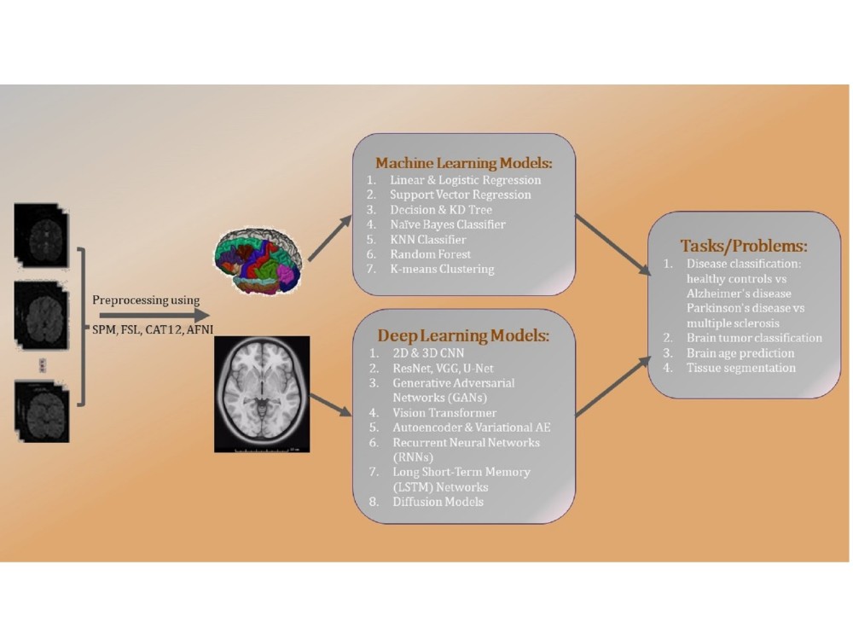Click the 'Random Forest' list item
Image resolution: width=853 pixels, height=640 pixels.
point(430,254)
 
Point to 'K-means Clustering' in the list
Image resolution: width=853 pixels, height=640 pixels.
point(442,270)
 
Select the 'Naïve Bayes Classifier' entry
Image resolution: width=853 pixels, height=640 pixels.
point(448,224)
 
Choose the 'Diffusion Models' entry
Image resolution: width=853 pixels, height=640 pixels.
point(438,501)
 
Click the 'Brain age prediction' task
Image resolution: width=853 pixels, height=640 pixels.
point(740,352)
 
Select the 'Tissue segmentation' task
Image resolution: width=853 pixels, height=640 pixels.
point(740,368)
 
